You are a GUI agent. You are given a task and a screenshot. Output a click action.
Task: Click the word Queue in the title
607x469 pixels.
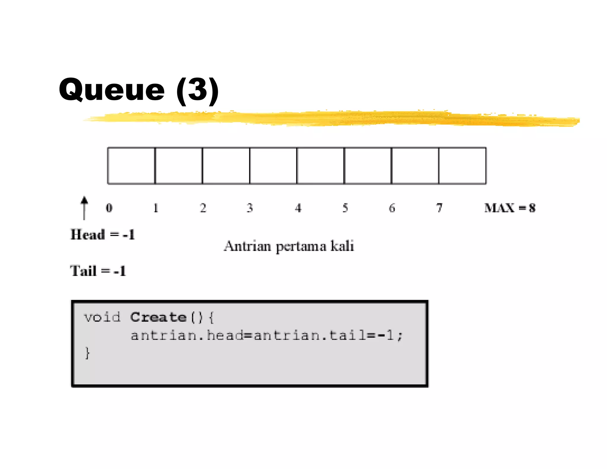(x=112, y=90)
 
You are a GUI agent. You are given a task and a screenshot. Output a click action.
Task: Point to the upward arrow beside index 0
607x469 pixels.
(x=84, y=208)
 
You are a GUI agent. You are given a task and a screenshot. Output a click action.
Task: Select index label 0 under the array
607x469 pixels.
(x=109, y=208)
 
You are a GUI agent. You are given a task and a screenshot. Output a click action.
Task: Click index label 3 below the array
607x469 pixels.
(x=250, y=208)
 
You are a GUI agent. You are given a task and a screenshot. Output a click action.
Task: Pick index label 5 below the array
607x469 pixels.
(x=345, y=208)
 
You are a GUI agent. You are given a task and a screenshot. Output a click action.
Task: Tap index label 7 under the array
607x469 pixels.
(x=439, y=208)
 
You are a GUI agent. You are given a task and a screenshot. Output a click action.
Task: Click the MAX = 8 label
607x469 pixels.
(x=510, y=208)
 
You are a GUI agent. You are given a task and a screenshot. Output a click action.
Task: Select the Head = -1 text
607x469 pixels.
(x=103, y=234)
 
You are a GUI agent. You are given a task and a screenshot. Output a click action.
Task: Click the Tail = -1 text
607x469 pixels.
(x=98, y=271)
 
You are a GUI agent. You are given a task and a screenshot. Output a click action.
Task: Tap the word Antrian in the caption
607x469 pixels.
(x=247, y=246)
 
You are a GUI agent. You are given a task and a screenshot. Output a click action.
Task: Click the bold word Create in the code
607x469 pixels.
(x=158, y=317)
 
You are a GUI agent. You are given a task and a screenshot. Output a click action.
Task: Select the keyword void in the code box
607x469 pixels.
(x=102, y=317)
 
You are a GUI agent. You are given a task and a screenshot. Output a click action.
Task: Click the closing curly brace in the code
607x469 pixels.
(x=87, y=353)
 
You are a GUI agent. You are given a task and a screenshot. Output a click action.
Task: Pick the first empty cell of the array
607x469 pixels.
(x=131, y=166)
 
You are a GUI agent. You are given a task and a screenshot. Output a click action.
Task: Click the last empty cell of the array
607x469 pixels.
(x=462, y=166)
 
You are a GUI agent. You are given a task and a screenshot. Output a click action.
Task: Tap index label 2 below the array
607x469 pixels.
(x=203, y=208)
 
